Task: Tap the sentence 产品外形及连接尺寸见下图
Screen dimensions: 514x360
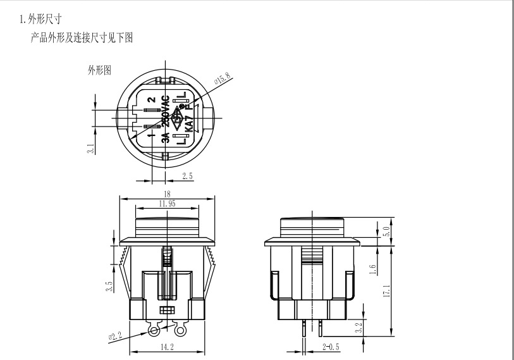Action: (82, 38)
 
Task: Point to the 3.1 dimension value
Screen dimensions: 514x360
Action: (91, 149)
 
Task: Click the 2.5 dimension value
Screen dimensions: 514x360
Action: (187, 176)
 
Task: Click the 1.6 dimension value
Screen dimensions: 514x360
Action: (373, 269)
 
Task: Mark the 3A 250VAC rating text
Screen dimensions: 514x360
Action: (166, 120)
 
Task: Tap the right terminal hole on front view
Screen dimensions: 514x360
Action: (181, 331)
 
